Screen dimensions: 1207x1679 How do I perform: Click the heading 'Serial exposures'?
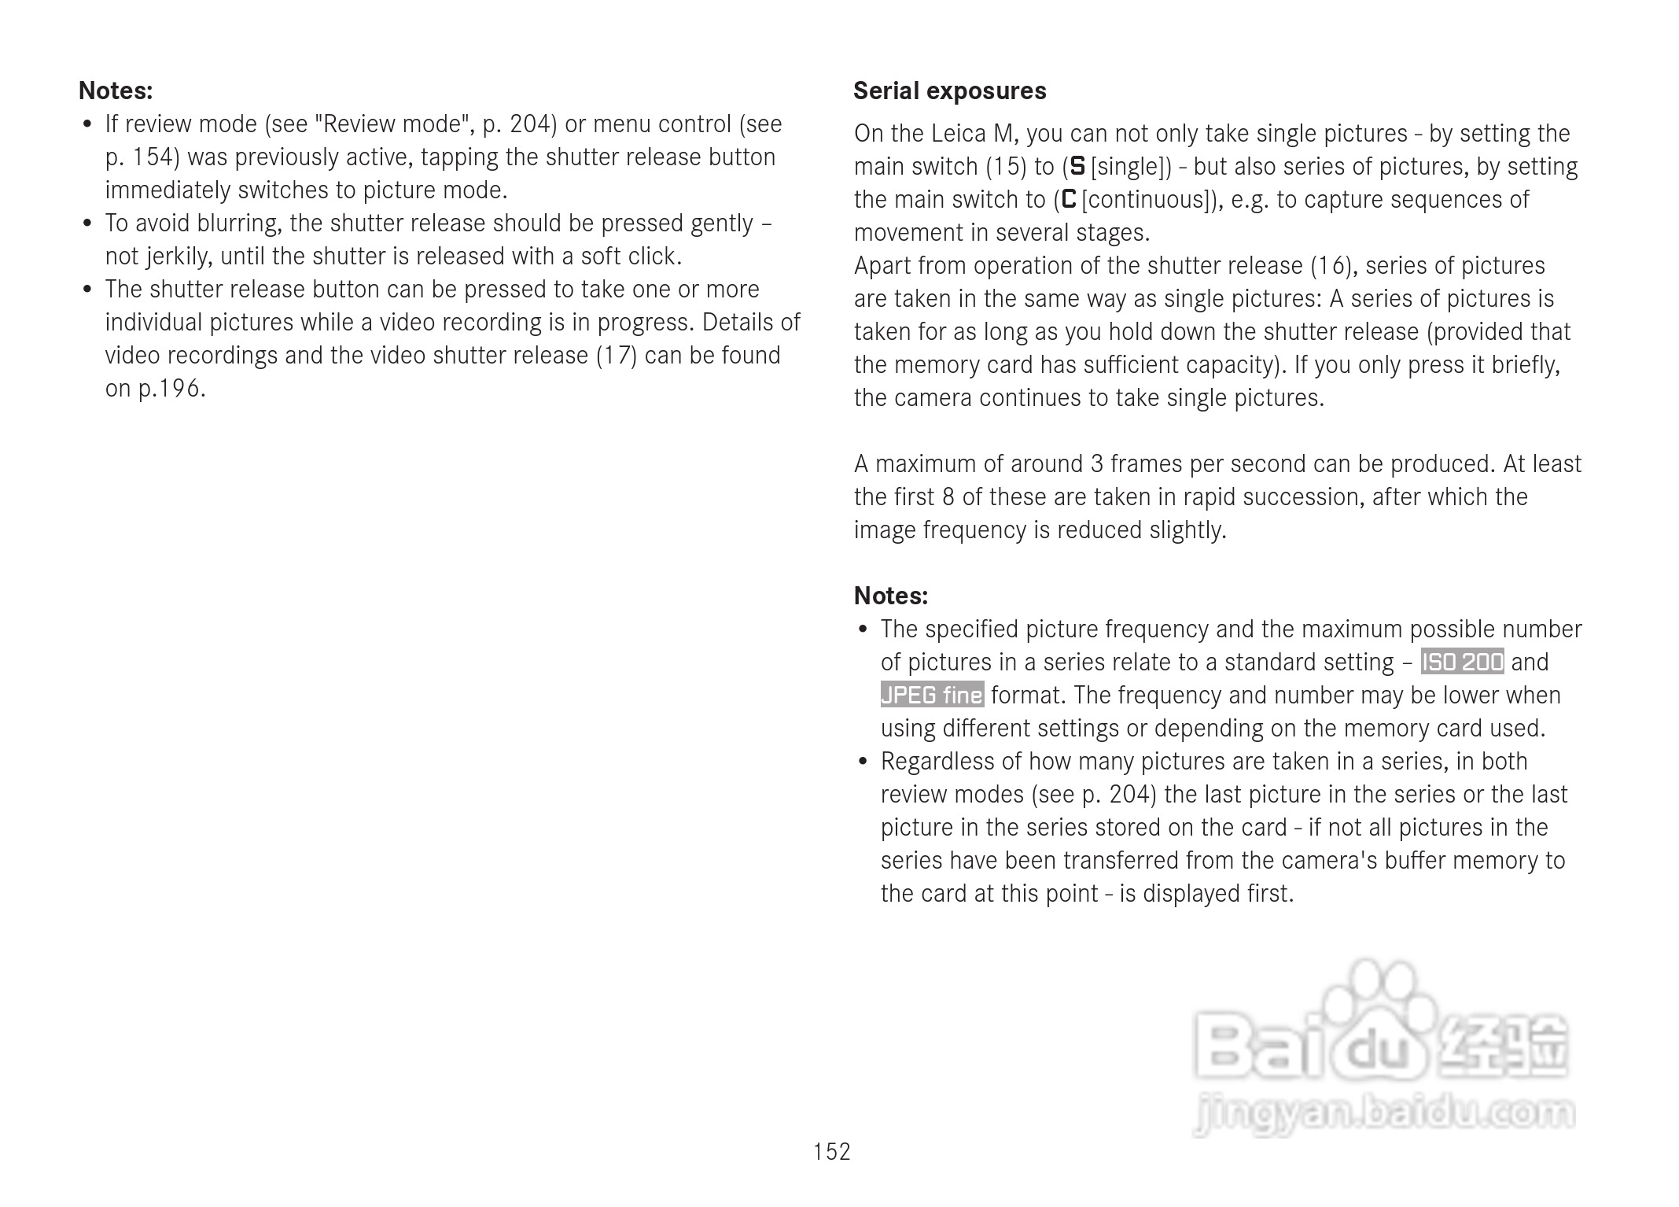coord(949,91)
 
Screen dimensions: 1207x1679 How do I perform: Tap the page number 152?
coord(831,1152)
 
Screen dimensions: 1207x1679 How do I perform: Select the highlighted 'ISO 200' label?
coord(1462,662)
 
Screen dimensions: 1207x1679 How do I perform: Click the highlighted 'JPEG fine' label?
coord(932,695)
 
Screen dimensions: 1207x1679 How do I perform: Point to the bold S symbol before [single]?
coord(1077,166)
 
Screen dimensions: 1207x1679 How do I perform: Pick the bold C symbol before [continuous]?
coord(1068,199)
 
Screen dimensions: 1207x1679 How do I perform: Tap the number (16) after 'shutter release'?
coord(1331,266)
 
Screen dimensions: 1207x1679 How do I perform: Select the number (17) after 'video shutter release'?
coord(616,356)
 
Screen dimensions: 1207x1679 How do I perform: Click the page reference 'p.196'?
coord(171,389)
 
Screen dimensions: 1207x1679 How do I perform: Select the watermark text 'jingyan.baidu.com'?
coord(1384,1114)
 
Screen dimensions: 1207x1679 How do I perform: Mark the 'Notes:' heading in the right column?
coord(890,596)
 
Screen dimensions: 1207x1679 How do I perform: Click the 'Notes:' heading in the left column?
coord(116,91)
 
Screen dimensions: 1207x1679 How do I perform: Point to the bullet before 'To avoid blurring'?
coord(88,223)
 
